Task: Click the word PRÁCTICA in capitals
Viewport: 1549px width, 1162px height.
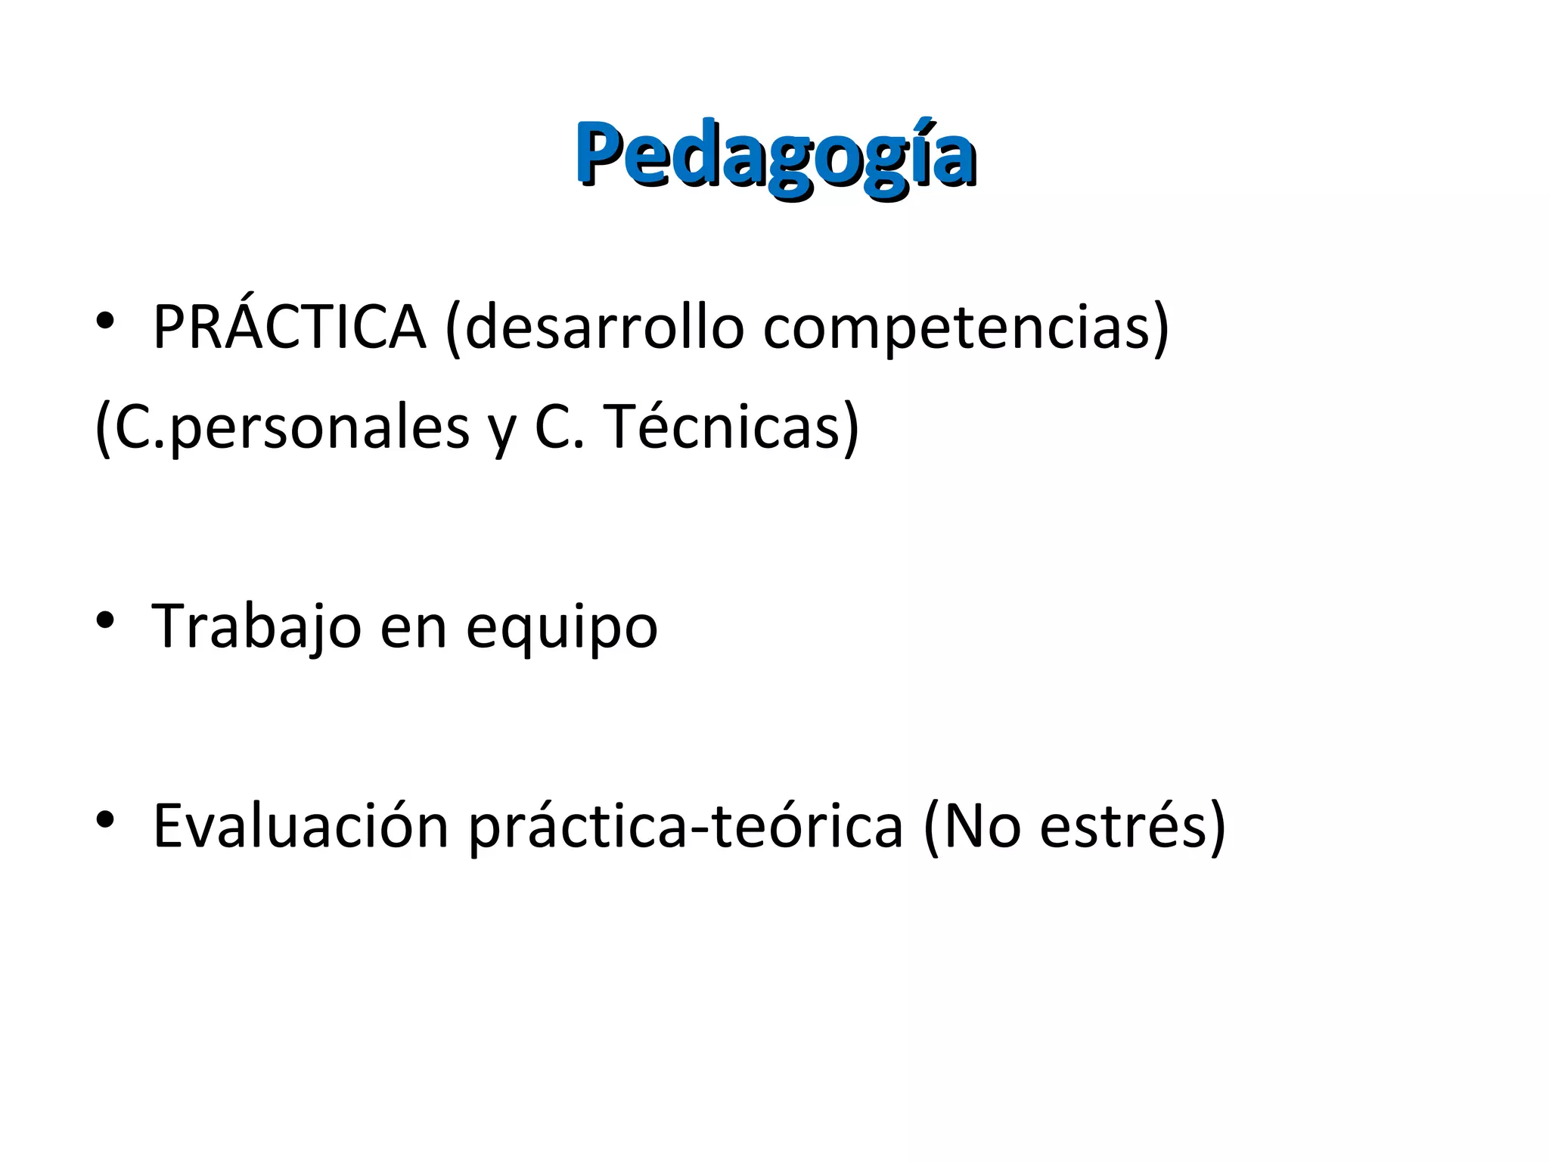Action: coord(289,327)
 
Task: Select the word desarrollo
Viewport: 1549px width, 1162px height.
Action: coord(604,327)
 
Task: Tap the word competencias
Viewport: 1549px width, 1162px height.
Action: coord(956,328)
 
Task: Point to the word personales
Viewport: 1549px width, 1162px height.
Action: coord(321,429)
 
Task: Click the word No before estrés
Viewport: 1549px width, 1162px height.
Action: coord(982,826)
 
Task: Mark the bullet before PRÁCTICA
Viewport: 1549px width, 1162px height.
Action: coord(105,322)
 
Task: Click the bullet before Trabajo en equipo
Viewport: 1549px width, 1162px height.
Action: coord(105,621)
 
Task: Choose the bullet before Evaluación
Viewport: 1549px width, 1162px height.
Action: coord(105,819)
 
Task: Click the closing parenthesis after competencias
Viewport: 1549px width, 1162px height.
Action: coord(1160,328)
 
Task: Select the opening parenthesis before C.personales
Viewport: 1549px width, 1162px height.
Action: coord(102,429)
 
